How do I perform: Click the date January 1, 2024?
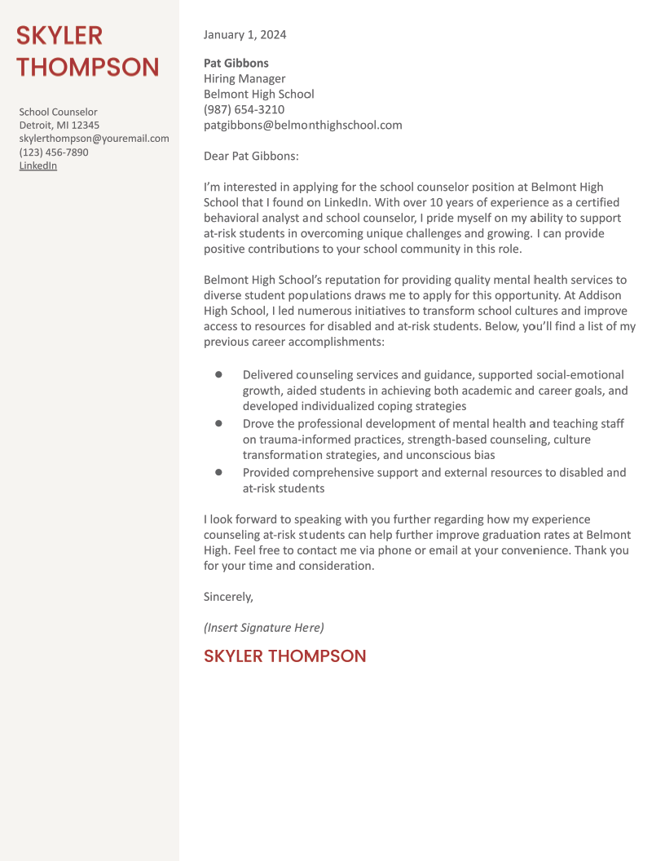click(244, 35)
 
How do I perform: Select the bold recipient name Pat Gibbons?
click(236, 63)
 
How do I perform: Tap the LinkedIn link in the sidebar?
click(38, 166)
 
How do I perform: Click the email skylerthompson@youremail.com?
click(94, 139)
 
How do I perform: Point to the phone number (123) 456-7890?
click(54, 152)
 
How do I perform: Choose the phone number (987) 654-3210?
click(244, 109)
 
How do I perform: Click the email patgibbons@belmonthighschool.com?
click(302, 125)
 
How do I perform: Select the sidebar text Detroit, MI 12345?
click(59, 126)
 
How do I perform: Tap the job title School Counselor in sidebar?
click(58, 113)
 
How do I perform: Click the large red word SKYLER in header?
click(59, 36)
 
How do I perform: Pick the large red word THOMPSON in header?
click(88, 67)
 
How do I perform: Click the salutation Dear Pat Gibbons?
click(251, 156)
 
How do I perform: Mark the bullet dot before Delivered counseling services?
click(218, 374)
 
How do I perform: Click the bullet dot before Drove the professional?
click(218, 423)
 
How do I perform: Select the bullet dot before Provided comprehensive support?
click(218, 472)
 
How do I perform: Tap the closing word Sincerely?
click(228, 597)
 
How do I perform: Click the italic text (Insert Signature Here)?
click(263, 627)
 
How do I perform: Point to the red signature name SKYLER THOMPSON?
click(284, 656)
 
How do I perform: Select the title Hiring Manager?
click(244, 79)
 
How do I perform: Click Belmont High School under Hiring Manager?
click(258, 94)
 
